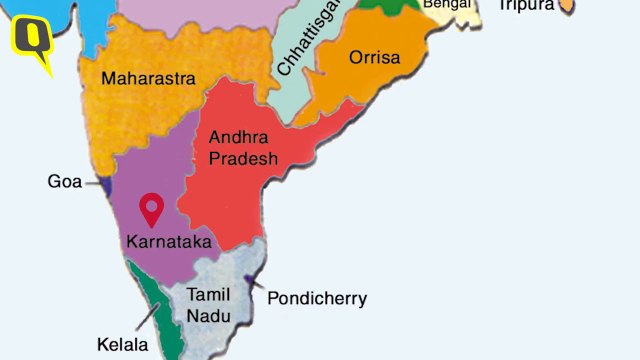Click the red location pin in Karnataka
point(152,209)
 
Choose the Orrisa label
point(374,57)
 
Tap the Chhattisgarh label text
point(310,40)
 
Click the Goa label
point(65,182)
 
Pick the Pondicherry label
point(317,298)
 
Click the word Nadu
point(208,315)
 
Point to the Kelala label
point(123,346)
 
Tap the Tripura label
point(526,6)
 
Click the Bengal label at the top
point(446,5)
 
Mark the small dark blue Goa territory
point(103,183)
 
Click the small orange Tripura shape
point(567,7)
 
